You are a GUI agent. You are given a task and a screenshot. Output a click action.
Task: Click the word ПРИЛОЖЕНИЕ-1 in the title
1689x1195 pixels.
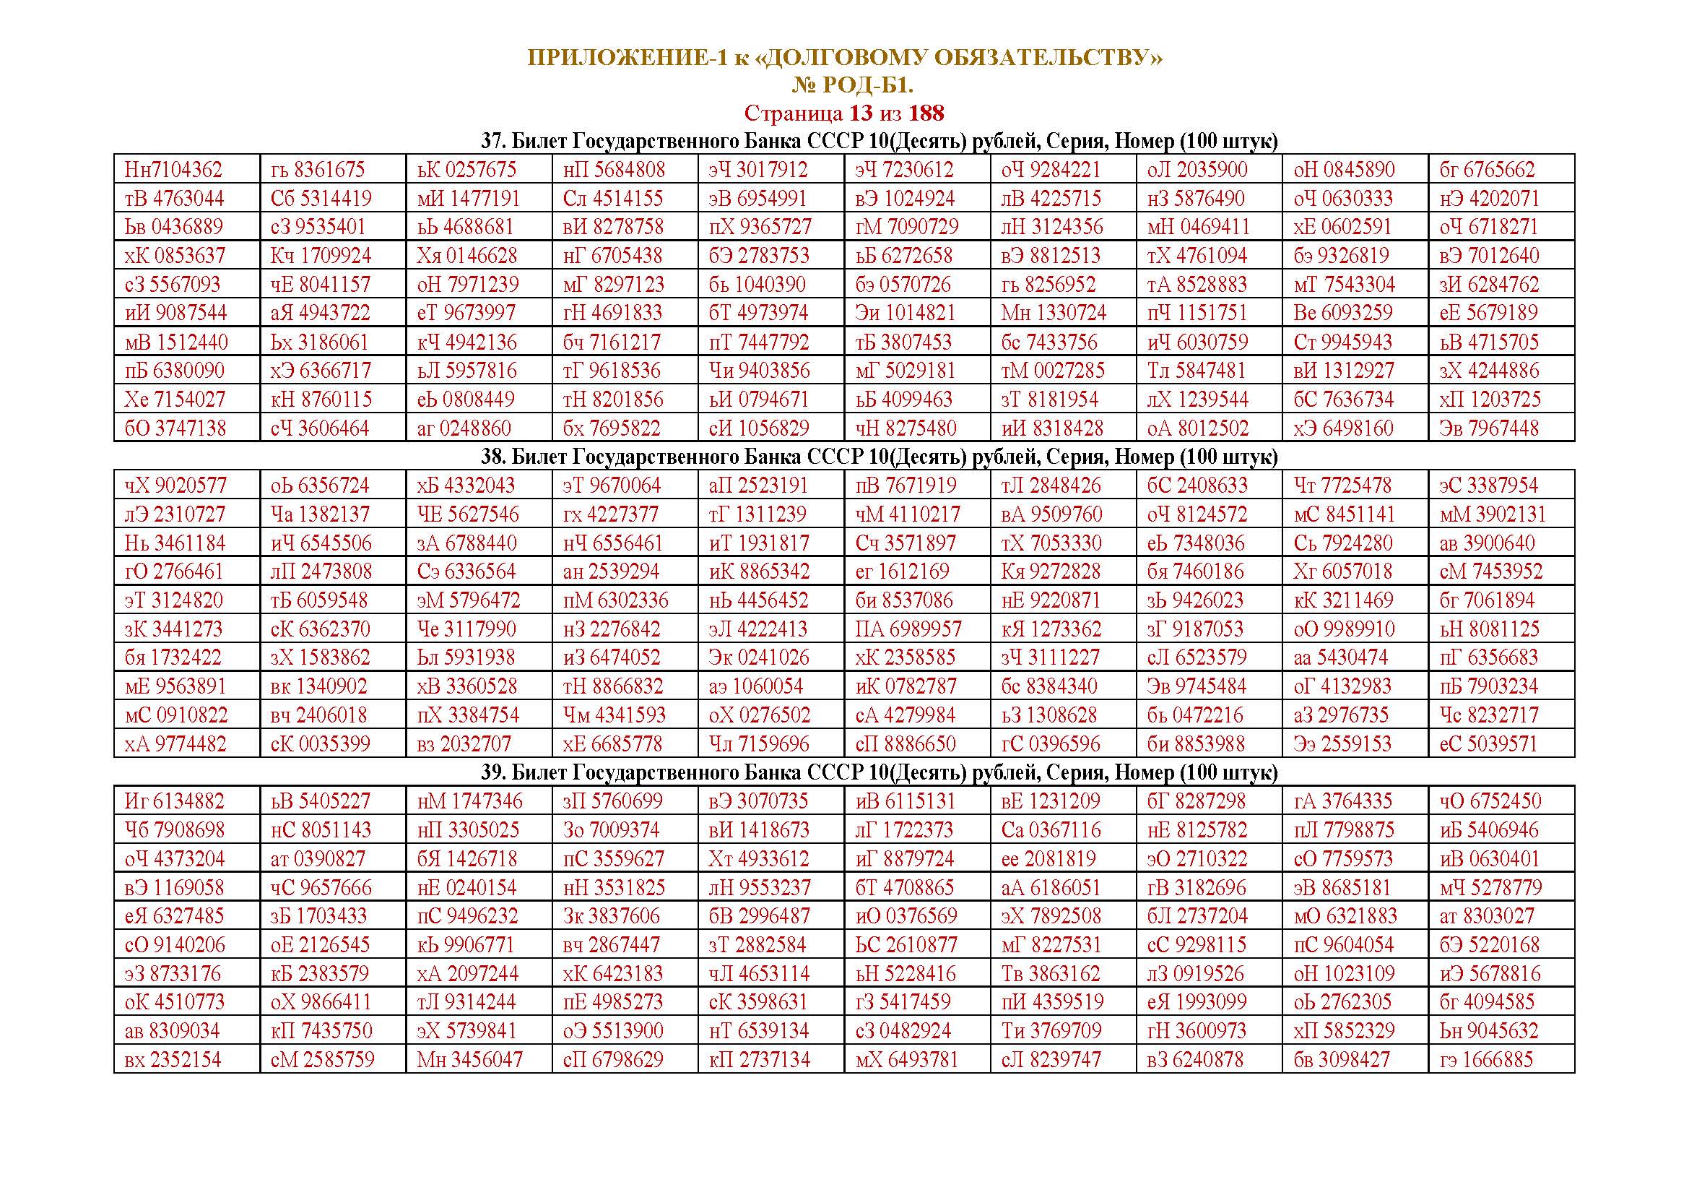(627, 57)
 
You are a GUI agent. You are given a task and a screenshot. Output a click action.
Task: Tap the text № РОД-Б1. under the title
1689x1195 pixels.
(852, 86)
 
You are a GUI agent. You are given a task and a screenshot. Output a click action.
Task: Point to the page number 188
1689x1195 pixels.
(926, 113)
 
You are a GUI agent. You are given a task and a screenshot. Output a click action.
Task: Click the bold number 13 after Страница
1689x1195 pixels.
(861, 113)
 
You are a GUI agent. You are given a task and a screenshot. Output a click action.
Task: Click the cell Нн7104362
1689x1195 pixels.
(173, 170)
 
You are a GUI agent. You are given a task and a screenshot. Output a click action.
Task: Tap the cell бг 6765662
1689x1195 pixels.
(1487, 170)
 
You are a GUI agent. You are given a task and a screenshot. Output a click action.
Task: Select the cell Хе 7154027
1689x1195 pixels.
(174, 400)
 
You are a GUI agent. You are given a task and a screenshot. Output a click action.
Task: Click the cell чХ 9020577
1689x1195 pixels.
(174, 486)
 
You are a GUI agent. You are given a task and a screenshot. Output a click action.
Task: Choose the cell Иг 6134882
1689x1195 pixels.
(174, 801)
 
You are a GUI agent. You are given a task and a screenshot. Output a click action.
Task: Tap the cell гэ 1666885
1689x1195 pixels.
(1486, 1061)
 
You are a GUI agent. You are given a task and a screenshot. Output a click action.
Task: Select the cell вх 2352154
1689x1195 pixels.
(173, 1061)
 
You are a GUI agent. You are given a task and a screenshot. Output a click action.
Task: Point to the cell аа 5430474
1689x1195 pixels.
(1340, 658)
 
